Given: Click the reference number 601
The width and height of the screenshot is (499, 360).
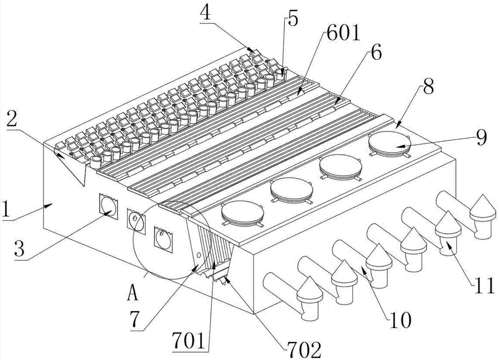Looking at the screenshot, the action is pos(343,34).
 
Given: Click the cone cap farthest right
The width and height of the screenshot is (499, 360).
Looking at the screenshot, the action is pos(483,207).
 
